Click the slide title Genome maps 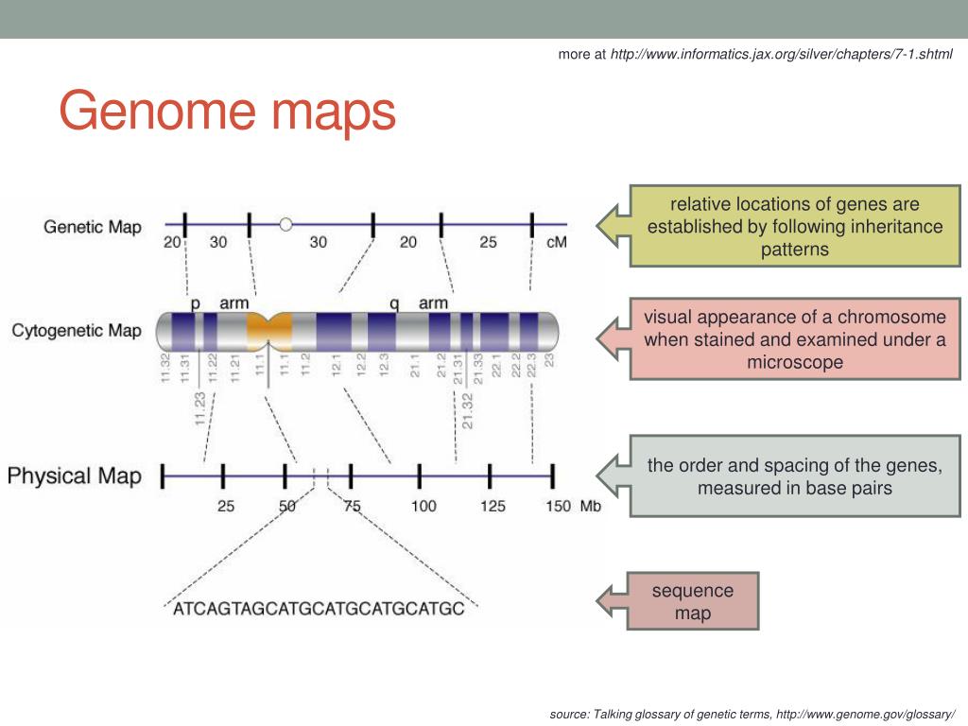(227, 111)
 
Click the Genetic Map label (93, 227)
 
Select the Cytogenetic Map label (77, 331)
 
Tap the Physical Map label (75, 475)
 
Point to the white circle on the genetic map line (285, 224)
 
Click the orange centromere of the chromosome (269, 331)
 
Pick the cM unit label (557, 242)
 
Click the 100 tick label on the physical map (423, 506)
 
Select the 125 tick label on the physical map (493, 506)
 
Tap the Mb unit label (591, 506)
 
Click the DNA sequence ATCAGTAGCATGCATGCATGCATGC (319, 609)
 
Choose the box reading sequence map (693, 601)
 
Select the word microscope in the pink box (794, 362)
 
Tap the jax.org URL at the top (781, 54)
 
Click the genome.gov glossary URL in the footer (865, 714)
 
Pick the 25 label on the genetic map (488, 242)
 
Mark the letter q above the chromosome (394, 303)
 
